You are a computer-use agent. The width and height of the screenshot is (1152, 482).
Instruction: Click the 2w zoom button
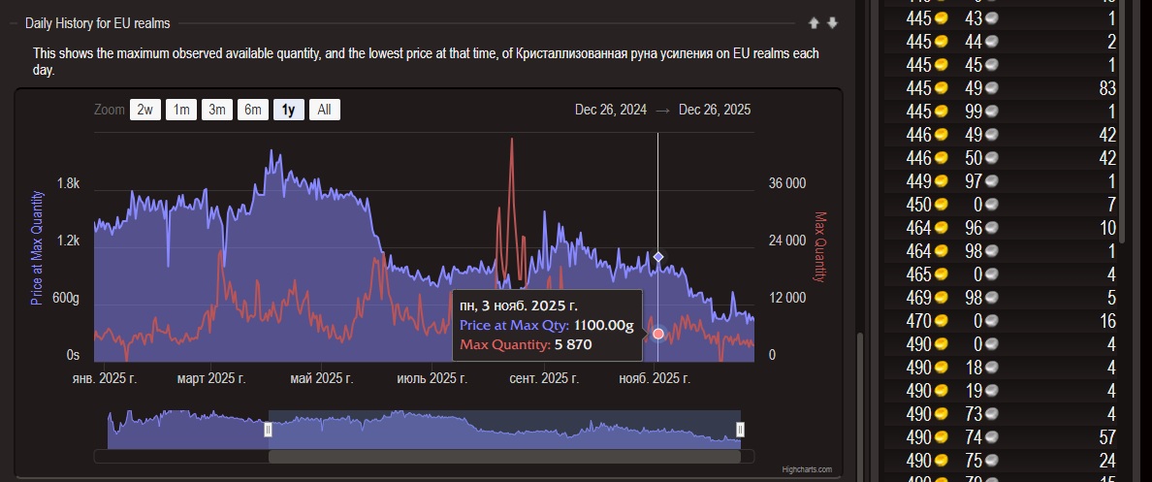(144, 110)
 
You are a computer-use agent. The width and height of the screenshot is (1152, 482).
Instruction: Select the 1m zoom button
(180, 110)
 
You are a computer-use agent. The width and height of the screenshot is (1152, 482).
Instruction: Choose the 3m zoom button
(216, 110)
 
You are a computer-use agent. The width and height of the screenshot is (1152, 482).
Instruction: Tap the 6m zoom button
(252, 110)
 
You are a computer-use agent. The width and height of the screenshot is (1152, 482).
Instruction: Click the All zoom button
(324, 110)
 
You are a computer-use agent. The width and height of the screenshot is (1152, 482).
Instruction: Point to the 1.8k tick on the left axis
(68, 183)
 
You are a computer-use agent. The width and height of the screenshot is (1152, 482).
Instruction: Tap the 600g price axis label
(65, 298)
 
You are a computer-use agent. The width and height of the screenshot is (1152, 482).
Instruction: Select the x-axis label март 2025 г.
(210, 378)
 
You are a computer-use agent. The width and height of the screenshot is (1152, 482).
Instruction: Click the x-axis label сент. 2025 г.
(544, 378)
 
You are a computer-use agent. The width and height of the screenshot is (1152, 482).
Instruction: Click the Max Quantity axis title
(820, 247)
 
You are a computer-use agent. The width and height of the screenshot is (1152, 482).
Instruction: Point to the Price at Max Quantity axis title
(37, 247)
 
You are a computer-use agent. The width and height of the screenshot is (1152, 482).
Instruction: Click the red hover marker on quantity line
(658, 334)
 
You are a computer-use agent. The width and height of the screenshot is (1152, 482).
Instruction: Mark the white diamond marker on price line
(658, 257)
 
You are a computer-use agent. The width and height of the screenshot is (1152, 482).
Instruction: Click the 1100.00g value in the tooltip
(603, 326)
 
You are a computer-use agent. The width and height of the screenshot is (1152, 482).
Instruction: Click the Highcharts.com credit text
(808, 469)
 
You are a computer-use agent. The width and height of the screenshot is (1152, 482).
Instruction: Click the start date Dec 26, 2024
(610, 110)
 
